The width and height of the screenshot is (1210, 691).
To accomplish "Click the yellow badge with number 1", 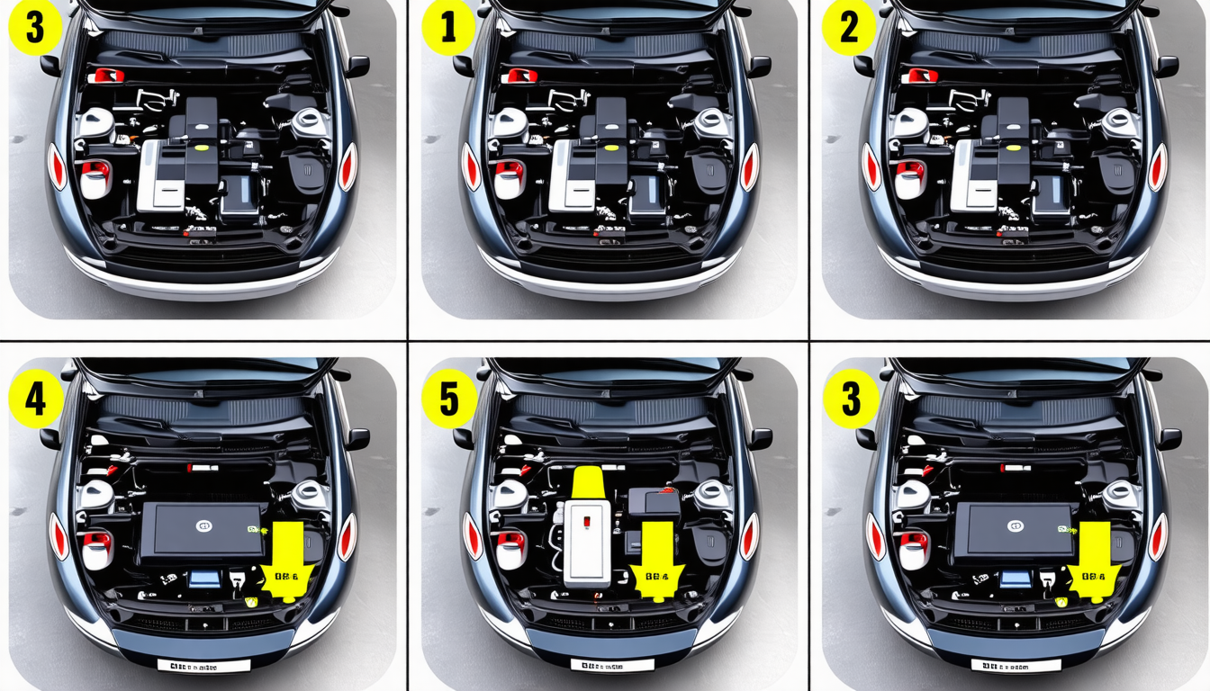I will click(447, 29).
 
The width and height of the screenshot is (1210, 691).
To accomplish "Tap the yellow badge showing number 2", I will click(849, 29).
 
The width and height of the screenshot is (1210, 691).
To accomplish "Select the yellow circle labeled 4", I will click(36, 399).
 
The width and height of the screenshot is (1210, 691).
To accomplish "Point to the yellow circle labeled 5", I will click(447, 399).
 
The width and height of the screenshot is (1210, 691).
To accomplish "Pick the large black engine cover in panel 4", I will click(203, 528).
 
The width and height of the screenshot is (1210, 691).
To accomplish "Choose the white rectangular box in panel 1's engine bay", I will click(573, 175).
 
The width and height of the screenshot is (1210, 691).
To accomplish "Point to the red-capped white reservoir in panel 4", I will click(95, 549).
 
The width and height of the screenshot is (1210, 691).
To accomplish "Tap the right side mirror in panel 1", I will click(759, 66).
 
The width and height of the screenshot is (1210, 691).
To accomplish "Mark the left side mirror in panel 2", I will click(865, 66).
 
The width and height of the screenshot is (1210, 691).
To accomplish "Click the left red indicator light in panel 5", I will click(470, 537).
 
